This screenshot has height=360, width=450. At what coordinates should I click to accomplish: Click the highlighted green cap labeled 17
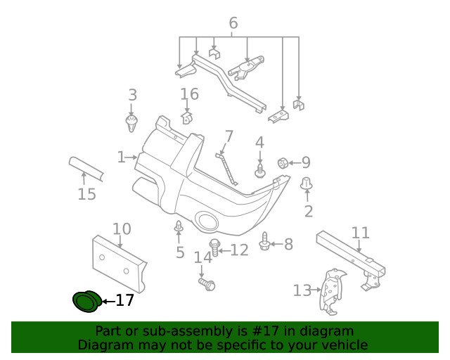click(86, 301)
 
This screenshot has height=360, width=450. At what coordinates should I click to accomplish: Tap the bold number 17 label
click(125, 300)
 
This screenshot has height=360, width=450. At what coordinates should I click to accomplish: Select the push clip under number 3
click(131, 124)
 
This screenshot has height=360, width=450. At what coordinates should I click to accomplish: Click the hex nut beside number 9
click(283, 163)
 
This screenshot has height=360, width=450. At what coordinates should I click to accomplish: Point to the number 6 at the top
click(233, 23)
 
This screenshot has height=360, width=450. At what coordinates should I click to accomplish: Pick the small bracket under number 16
click(187, 118)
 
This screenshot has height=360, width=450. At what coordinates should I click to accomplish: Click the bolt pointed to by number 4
click(260, 171)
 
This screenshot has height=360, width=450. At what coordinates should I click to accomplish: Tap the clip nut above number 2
click(307, 183)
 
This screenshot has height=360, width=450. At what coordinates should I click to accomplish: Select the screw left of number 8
click(264, 241)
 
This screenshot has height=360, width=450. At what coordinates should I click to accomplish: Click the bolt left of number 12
click(214, 247)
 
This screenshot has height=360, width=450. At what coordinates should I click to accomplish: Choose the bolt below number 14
click(207, 284)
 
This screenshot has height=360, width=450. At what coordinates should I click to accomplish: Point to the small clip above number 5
click(179, 226)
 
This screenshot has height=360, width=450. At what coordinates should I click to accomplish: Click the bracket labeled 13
click(333, 291)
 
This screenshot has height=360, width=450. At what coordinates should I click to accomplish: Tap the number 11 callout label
click(361, 233)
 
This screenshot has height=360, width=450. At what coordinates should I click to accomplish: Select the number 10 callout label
click(122, 229)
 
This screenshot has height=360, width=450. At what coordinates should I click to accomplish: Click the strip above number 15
click(86, 169)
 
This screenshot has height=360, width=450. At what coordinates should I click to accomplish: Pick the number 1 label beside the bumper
click(122, 157)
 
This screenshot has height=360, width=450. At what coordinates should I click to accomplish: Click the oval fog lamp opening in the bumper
click(206, 221)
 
